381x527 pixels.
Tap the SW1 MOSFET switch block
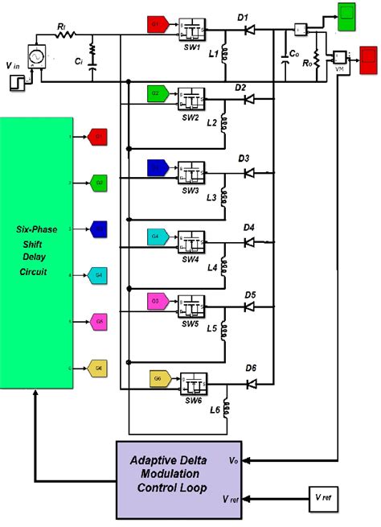pos(190,27)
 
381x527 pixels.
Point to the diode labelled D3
pos(249,171)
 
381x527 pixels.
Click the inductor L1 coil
pos(226,55)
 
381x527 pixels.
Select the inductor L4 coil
pos(226,264)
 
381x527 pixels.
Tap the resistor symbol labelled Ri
pos(64,35)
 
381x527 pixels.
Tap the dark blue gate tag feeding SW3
pos(157,167)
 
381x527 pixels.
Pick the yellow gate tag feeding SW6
pos(159,377)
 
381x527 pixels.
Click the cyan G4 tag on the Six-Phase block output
pos(98,274)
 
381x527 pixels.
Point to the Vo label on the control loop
pos(231,461)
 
